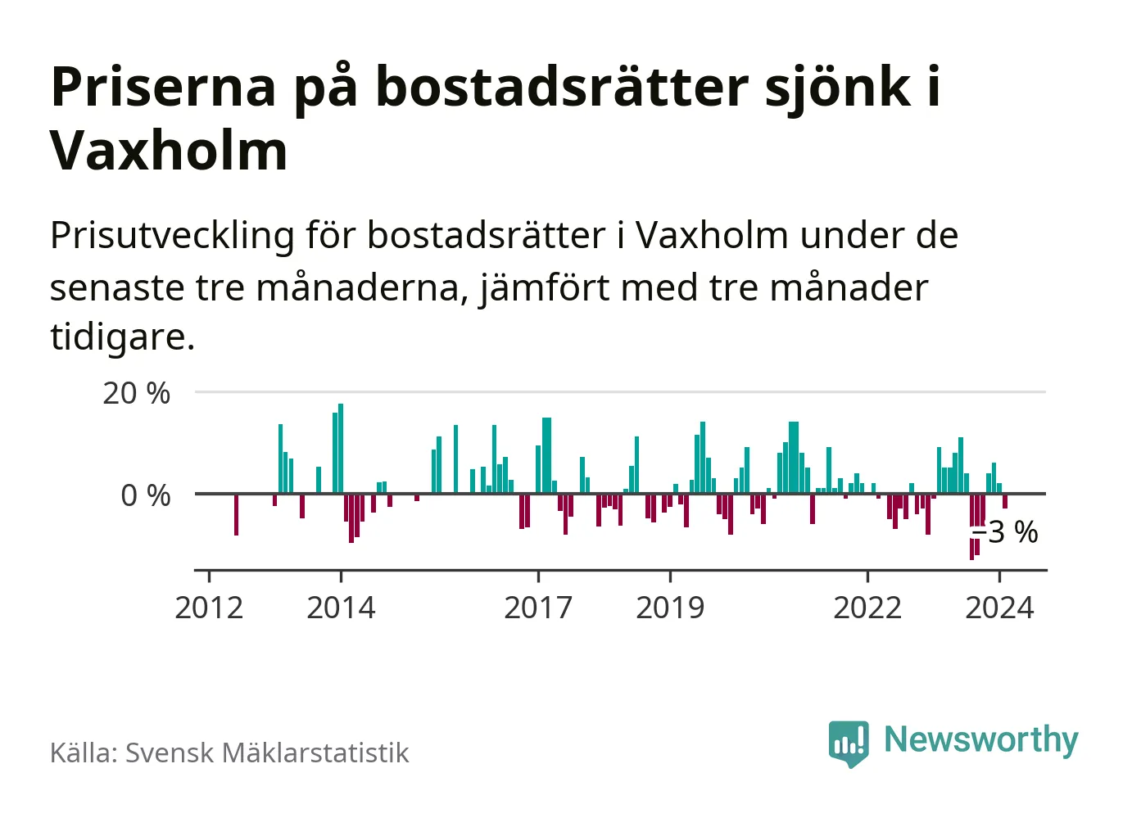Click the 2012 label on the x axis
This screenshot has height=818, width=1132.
point(209,608)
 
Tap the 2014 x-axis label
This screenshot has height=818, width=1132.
point(341,608)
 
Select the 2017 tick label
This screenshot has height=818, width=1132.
point(538,608)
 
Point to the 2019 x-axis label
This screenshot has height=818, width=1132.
point(670,608)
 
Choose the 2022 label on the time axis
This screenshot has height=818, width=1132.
point(867,608)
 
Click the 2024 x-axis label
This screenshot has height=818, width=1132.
point(999,608)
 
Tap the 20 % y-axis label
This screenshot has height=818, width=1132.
point(136,394)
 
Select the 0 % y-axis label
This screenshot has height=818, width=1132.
point(145,495)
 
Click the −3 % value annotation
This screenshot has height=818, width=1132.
point(1005,532)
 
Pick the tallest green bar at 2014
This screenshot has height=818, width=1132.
point(341,448)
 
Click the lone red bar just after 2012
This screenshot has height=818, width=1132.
point(236,514)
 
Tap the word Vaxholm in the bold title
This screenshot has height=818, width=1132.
point(170,151)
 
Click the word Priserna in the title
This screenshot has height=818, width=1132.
point(163,87)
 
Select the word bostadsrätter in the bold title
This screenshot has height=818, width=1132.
point(562,87)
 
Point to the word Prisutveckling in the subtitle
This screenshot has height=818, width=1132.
point(172,236)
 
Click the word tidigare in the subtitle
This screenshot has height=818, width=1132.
point(120,336)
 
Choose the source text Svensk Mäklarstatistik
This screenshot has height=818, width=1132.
point(267,752)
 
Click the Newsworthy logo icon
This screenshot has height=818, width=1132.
point(848,743)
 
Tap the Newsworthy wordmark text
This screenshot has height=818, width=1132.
point(980,739)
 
